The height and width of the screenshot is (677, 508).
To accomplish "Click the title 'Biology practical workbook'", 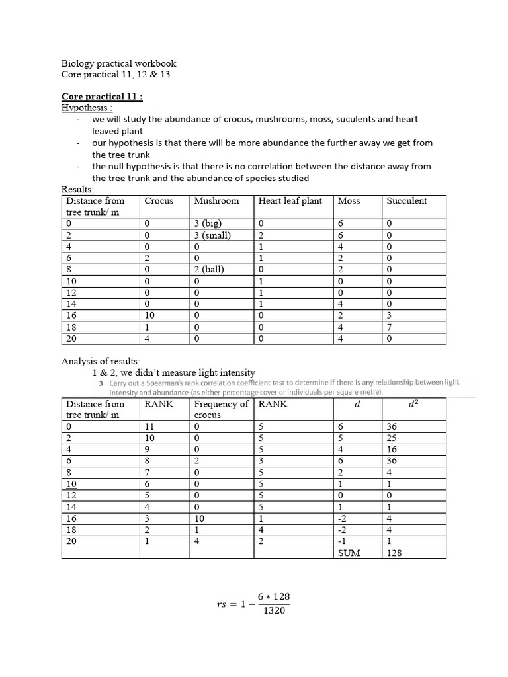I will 118,63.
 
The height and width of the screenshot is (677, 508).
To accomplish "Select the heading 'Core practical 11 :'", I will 102,97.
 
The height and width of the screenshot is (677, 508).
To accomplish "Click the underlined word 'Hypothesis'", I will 84,107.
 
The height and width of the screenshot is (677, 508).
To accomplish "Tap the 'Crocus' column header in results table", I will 159,201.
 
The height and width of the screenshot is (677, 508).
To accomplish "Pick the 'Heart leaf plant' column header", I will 290,201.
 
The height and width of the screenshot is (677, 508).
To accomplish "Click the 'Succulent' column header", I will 407,201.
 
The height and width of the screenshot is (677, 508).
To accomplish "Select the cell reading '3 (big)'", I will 208,223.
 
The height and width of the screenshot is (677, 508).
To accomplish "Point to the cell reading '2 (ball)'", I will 209,269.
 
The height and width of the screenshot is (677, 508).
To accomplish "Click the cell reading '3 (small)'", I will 212,235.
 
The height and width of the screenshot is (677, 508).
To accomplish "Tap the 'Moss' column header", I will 349,201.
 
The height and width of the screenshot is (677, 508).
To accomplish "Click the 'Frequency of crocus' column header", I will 221,409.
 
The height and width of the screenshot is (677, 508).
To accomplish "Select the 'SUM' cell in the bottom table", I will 349,552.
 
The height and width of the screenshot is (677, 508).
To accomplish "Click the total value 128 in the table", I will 395,552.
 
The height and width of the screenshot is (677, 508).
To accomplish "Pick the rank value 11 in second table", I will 149,427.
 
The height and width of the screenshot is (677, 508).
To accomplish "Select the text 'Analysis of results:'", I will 101,361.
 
